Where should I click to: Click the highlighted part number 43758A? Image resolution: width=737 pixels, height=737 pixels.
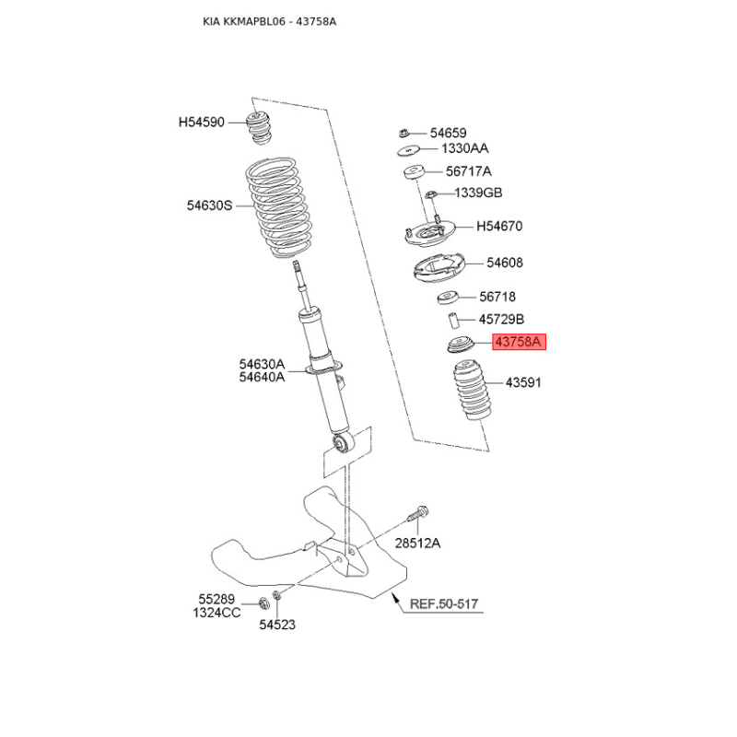point(519,342)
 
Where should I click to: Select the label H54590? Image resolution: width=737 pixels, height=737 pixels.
point(202,123)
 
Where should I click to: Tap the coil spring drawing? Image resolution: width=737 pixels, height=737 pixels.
point(279,208)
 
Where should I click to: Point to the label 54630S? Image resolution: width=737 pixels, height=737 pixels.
point(210,205)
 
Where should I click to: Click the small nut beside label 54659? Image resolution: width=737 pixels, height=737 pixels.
point(404,133)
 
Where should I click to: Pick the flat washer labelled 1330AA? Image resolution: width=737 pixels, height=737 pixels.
point(408,150)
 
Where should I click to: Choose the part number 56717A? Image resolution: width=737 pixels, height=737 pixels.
point(469,171)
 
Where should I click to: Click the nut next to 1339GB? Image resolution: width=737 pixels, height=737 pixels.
point(431,193)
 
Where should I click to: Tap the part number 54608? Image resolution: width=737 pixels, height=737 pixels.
point(505,263)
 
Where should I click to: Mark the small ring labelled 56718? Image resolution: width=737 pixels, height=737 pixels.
point(448,297)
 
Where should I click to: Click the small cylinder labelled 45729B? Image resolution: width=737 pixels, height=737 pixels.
point(452,320)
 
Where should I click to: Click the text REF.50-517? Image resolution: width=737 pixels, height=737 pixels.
point(444,604)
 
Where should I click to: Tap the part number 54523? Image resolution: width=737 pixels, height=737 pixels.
point(277,625)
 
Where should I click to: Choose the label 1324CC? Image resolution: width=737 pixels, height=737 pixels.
point(216,613)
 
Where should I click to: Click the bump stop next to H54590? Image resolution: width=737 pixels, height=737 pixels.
point(259,127)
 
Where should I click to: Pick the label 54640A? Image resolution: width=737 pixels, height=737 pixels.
point(262,377)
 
